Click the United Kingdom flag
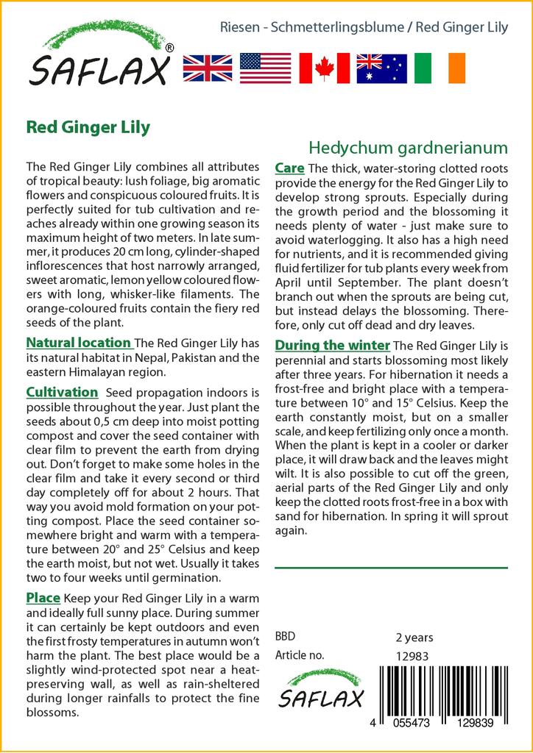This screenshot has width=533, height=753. click(207, 68)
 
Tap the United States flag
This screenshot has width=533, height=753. click(265, 68)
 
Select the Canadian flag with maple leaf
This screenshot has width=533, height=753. click(324, 68)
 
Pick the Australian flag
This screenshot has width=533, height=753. click(381, 68)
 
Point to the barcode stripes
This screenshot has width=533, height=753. click(445, 688)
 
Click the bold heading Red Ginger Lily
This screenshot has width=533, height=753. click(88, 126)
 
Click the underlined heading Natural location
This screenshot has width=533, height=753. click(79, 343)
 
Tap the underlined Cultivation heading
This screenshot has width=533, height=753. click(62, 393)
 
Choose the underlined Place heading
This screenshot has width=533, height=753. click(43, 597)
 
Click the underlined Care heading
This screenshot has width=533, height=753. click(289, 168)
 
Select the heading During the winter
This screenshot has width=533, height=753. click(332, 346)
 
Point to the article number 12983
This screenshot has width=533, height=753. click(412, 656)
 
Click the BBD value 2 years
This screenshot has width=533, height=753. click(414, 637)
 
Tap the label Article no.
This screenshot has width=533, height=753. click(300, 656)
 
